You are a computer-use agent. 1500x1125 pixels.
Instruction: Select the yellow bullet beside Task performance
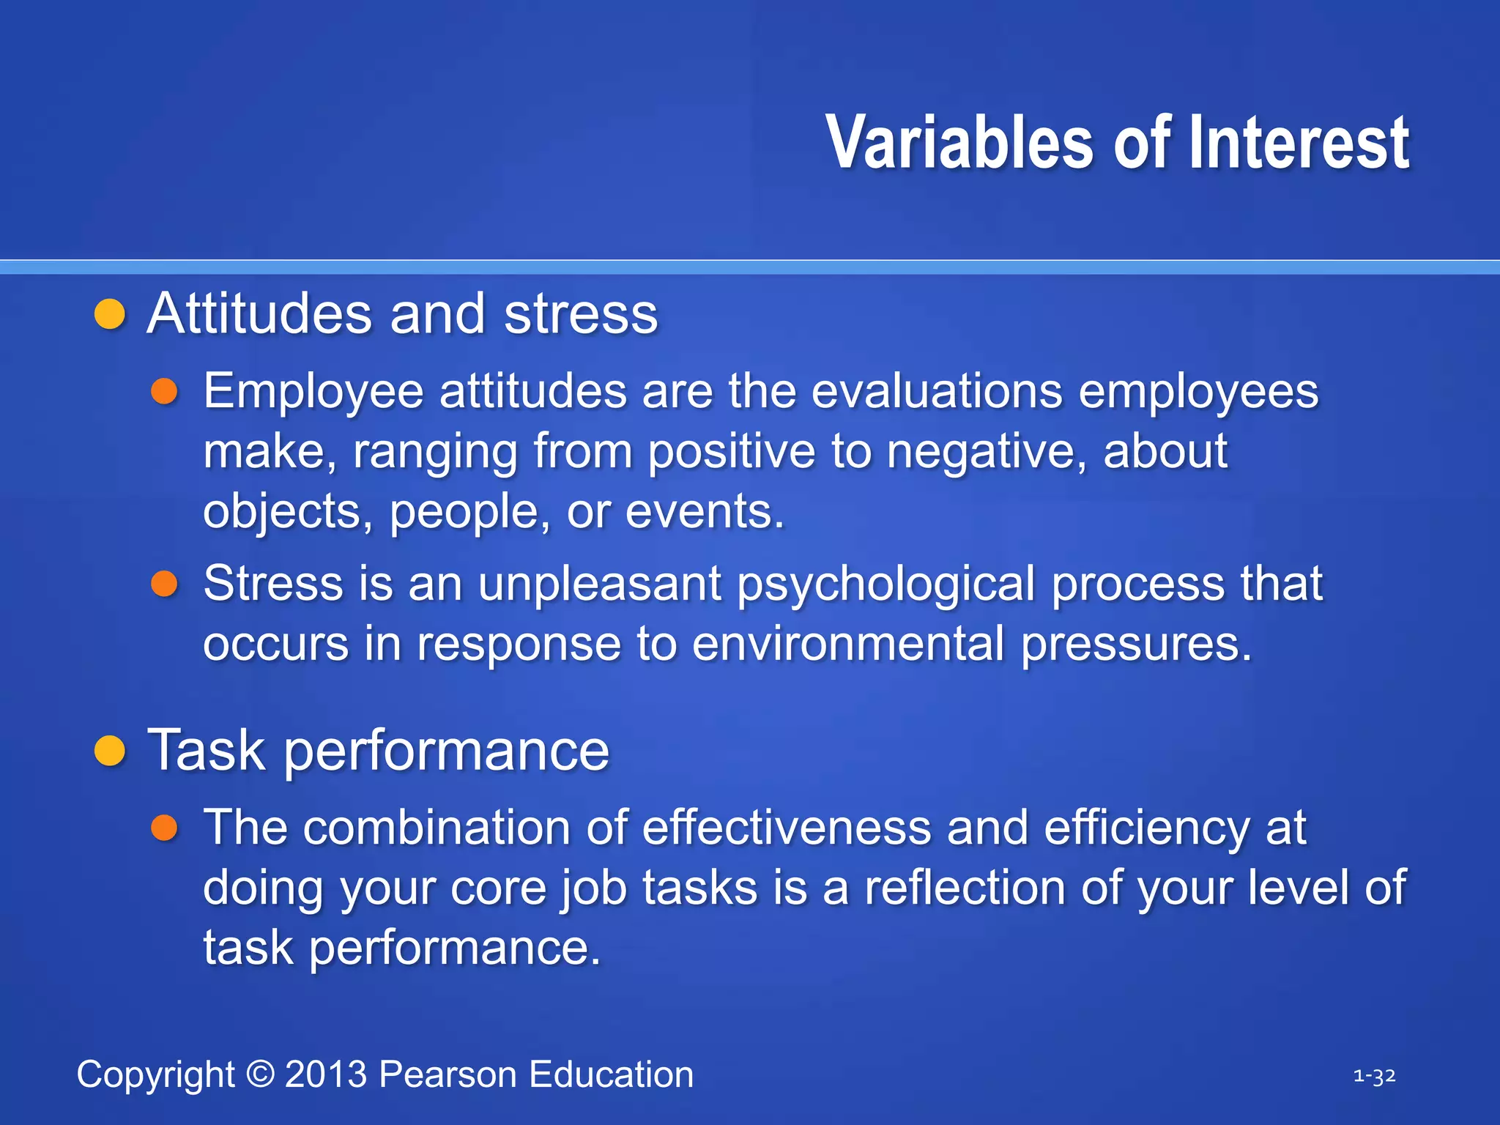click(x=111, y=751)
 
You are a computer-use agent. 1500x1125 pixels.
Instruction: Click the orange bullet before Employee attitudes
click(x=165, y=391)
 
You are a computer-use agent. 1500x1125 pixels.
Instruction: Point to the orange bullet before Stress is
click(x=165, y=584)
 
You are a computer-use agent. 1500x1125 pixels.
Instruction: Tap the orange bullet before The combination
click(x=165, y=828)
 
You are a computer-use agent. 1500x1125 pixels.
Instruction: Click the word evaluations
click(x=937, y=391)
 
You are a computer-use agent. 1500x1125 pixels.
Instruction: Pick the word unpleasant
click(x=600, y=584)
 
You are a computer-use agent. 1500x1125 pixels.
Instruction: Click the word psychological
click(x=885, y=585)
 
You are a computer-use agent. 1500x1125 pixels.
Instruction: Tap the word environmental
click(x=847, y=644)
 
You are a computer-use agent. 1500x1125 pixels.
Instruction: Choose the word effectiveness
click(x=787, y=828)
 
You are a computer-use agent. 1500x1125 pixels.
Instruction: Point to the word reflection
click(x=965, y=888)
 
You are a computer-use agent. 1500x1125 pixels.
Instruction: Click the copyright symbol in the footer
click(x=260, y=1074)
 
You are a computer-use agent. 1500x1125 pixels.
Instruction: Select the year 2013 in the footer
click(x=326, y=1074)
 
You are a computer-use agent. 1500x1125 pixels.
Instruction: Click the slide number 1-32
click(x=1374, y=1076)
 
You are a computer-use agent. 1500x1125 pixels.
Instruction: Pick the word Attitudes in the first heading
click(x=260, y=314)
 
